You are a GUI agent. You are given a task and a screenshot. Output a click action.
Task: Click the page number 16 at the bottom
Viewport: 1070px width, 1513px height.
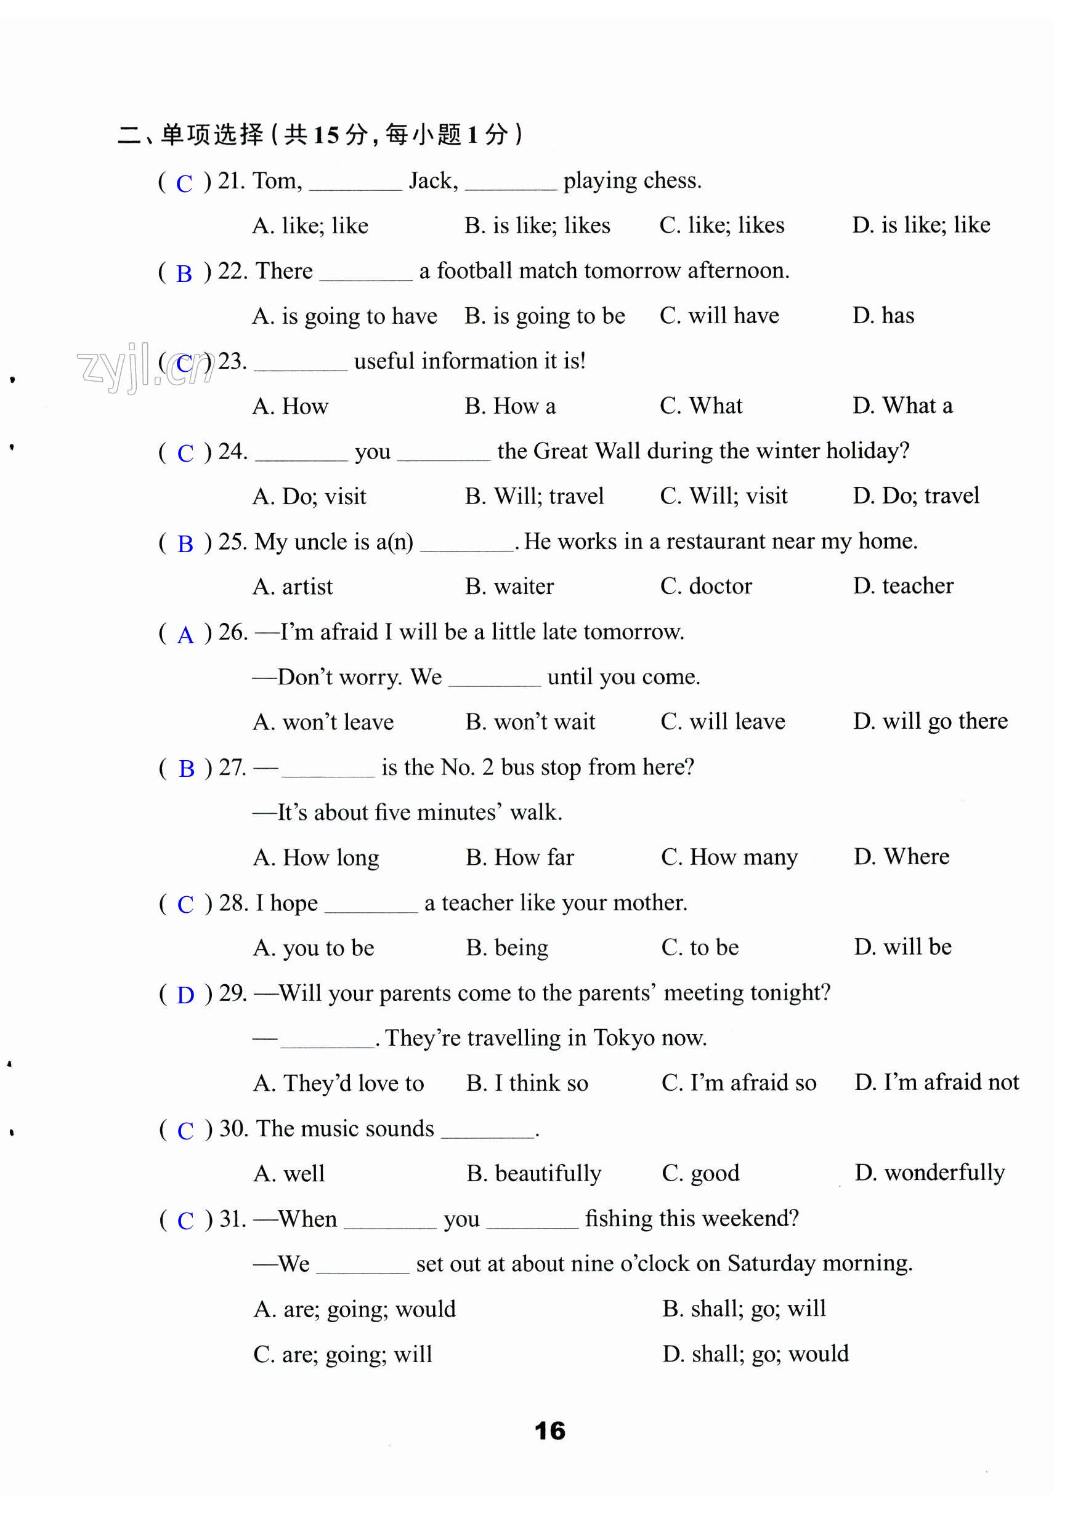point(549,1431)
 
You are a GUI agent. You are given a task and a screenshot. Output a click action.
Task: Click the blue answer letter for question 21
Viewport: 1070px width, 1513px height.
point(184,183)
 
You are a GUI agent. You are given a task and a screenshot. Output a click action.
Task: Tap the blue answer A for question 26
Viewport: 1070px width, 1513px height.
point(185,635)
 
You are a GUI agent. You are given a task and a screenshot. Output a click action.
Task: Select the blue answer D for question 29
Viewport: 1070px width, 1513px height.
point(185,995)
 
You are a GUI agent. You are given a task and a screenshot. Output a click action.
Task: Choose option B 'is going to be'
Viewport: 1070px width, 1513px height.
point(544,316)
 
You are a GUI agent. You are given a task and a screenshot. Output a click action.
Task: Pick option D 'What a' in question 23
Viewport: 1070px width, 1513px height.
point(902,406)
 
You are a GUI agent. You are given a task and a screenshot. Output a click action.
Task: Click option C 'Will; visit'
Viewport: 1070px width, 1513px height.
point(723,496)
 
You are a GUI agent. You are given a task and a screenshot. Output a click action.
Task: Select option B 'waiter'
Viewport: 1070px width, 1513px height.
point(509,587)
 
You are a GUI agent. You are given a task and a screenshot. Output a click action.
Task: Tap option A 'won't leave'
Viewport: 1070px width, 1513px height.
point(323,722)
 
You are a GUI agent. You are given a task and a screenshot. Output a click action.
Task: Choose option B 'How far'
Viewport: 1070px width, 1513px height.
point(519,857)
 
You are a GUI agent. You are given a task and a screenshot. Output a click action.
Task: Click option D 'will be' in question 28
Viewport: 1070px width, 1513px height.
point(902,947)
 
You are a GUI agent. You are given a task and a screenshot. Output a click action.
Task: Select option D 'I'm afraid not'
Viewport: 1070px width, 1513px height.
point(936,1082)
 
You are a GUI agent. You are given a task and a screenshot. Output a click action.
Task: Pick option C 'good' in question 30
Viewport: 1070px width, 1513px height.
point(700,1173)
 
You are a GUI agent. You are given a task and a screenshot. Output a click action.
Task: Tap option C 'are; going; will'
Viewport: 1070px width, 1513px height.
point(342,1354)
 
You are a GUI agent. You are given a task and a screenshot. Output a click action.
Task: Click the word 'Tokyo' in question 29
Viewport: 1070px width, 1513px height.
point(623,1038)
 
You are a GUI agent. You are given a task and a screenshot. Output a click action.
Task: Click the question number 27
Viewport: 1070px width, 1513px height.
point(232,767)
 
